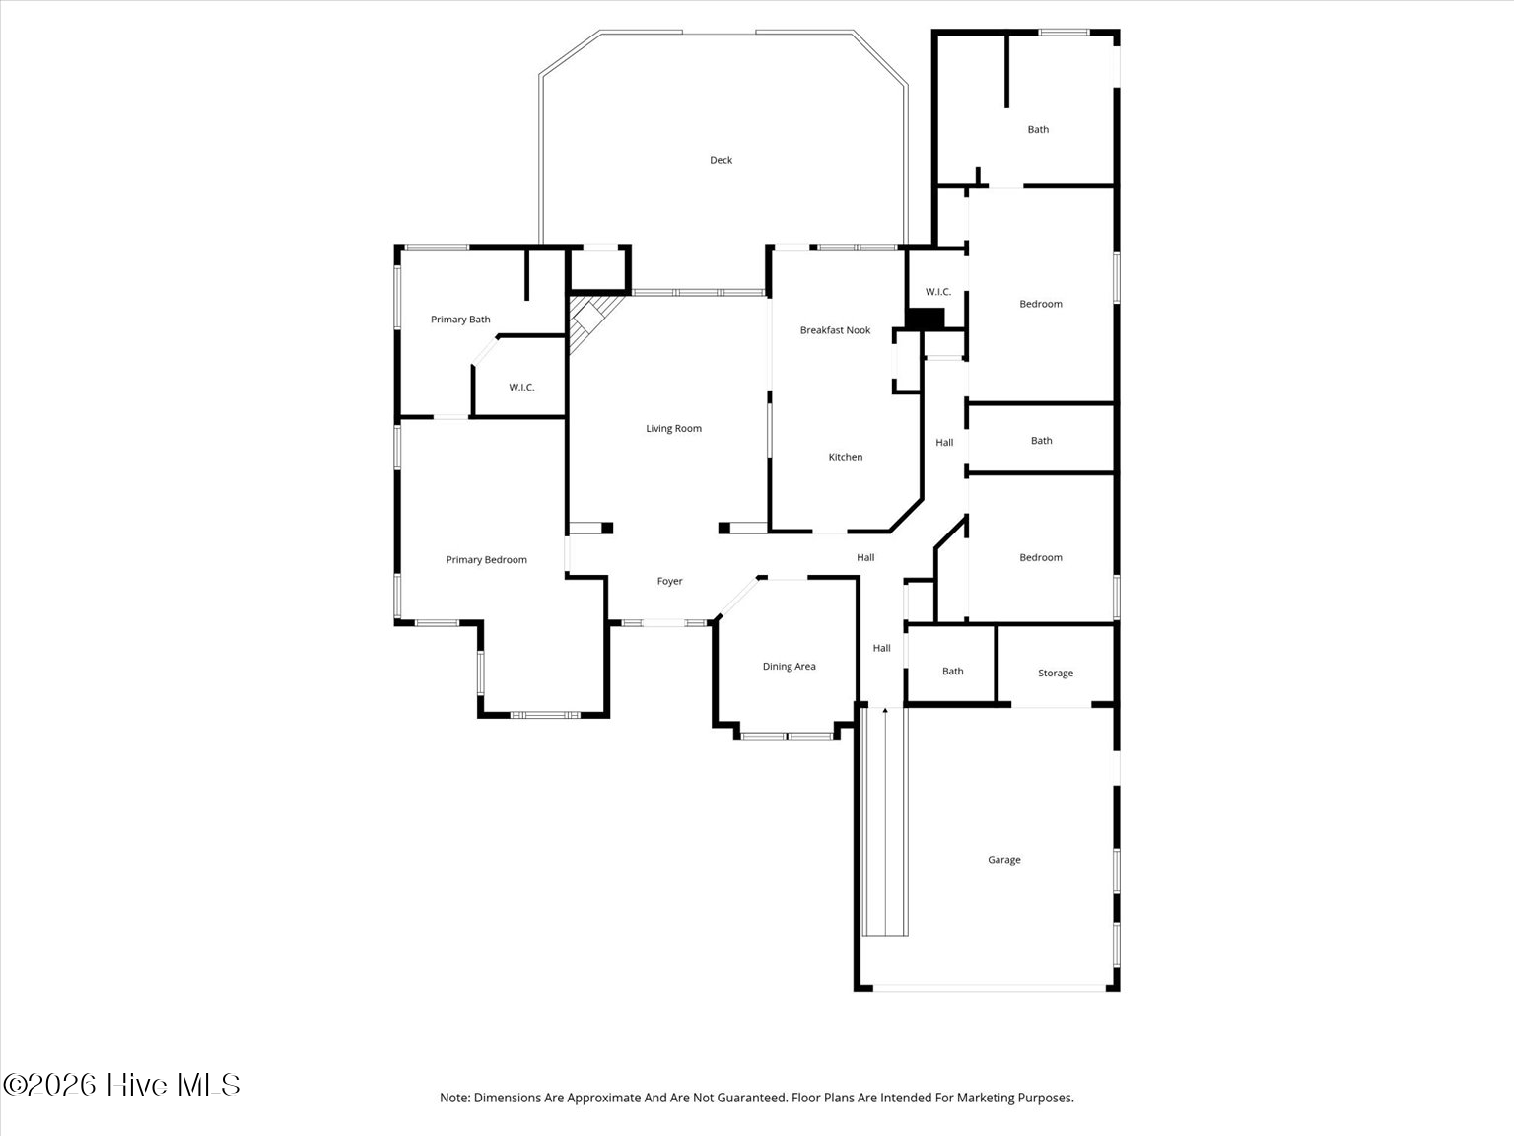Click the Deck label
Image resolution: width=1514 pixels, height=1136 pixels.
721,160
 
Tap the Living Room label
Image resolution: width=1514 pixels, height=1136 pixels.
673,428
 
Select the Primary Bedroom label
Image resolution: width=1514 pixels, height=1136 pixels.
486,559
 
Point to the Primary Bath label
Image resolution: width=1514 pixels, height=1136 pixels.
460,319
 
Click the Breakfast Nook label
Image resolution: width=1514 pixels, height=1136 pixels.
835,330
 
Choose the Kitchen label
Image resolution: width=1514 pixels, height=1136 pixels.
845,457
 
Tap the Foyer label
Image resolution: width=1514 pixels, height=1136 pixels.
669,581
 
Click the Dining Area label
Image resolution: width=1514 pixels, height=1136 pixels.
789,666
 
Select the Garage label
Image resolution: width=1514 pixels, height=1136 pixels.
1003,860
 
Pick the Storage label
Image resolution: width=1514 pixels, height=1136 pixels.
1055,673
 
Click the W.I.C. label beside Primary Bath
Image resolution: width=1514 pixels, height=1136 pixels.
521,387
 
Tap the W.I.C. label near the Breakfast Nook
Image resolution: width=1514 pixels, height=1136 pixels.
937,292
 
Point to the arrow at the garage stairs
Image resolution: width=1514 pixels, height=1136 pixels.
884,710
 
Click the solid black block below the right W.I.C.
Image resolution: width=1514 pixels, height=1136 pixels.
925,319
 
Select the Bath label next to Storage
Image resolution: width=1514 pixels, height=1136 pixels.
952,671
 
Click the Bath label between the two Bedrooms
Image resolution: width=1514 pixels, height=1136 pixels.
1041,441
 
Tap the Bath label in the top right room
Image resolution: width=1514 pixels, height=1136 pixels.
1038,129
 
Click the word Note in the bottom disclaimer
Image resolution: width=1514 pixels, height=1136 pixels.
454,1098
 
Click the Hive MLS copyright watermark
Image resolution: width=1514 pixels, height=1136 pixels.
121,1085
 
